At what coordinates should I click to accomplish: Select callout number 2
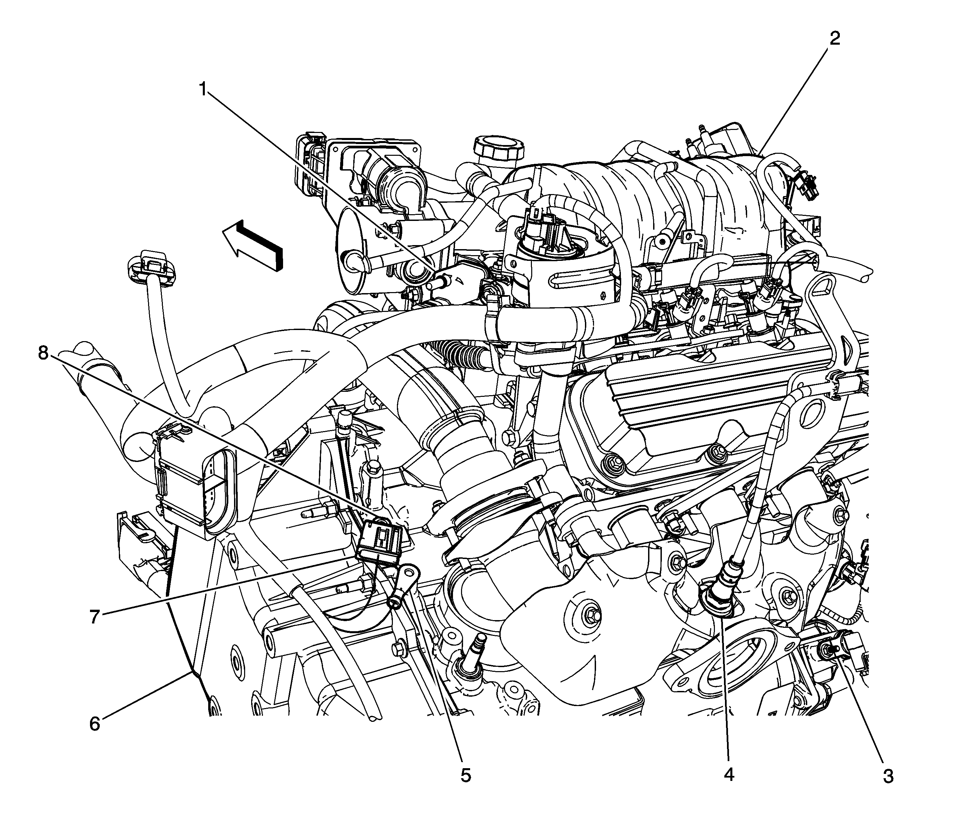tap(834, 38)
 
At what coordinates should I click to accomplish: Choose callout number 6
tap(94, 724)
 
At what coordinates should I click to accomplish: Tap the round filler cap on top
tap(497, 149)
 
